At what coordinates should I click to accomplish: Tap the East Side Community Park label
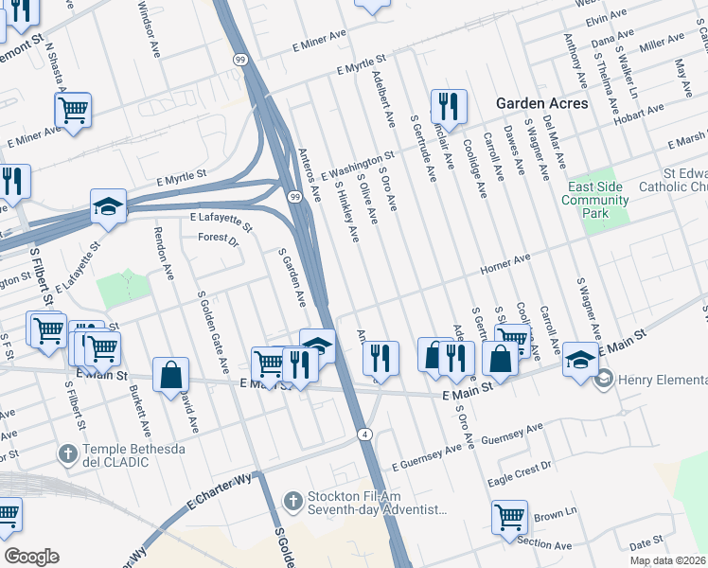[x=593, y=200]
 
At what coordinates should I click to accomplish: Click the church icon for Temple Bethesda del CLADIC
[x=68, y=454]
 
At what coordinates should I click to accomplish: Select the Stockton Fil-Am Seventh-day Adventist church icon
[x=293, y=501]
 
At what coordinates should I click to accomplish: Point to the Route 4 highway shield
[x=363, y=434]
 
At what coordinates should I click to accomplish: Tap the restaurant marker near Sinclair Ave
[x=448, y=106]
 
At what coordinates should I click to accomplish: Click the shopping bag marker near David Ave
[x=170, y=373]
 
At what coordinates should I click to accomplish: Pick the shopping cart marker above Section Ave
[x=509, y=517]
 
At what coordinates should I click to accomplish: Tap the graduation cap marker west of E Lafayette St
[x=109, y=205]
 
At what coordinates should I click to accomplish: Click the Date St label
[x=646, y=543]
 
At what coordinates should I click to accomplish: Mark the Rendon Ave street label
[x=164, y=253]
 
